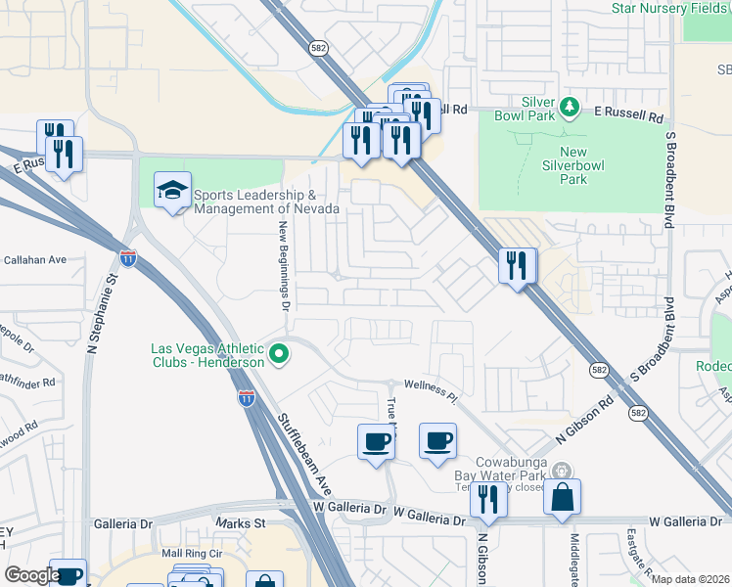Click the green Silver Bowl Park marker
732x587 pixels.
(x=568, y=106)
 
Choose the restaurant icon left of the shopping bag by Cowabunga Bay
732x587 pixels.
(x=487, y=500)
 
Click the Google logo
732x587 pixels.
(x=32, y=575)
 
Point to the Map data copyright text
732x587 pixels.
(x=689, y=579)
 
